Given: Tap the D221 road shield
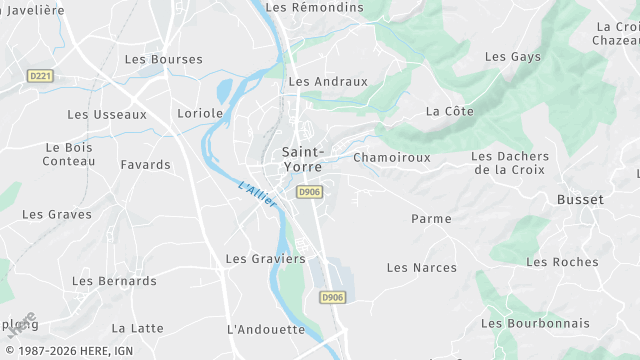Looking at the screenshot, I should (40, 75).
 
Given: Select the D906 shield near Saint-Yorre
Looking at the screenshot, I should (309, 192).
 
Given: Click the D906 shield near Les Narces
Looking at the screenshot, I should (332, 297).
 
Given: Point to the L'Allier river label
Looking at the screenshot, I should (258, 192).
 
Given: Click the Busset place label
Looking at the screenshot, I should (580, 199).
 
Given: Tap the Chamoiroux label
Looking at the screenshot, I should (391, 157).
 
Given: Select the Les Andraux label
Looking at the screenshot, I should (328, 81).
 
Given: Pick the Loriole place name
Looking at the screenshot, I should (200, 113).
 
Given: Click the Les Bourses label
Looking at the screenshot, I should (163, 59).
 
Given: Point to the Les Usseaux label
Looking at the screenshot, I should (107, 114).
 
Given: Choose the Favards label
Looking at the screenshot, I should (145, 164).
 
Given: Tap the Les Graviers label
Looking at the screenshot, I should (265, 258).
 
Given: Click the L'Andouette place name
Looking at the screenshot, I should (266, 328).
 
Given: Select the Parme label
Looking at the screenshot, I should (431, 218).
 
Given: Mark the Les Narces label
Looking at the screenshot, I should (421, 267).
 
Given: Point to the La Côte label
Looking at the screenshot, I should (449, 111).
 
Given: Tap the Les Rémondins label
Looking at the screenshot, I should (315, 7).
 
